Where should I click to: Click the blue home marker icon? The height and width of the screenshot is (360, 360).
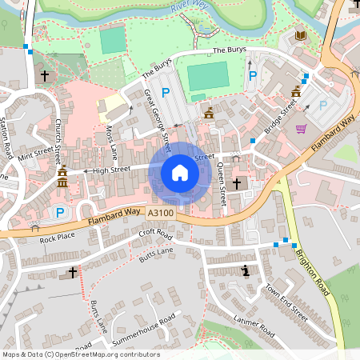coord(180,172)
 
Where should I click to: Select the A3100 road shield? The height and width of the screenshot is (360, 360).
coord(159,213)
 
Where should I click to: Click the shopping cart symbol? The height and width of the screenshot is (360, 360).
coord(301,128)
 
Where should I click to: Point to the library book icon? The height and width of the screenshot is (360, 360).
coord(301,36)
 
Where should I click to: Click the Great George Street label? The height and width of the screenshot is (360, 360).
coord(158,121)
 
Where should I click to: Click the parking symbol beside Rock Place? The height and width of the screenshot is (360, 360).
coord(59,213)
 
